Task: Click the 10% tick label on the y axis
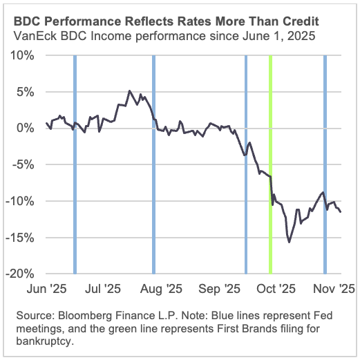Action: point(24,55)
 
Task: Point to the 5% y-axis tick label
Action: point(27,91)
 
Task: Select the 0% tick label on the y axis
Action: point(27,128)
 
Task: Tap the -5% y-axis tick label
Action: point(26,164)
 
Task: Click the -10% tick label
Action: point(23,201)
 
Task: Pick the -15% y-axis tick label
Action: point(23,238)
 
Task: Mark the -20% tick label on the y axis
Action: point(23,274)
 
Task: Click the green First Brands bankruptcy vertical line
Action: point(269,166)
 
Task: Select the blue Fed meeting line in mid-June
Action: point(75,166)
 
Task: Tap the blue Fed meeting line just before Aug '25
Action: point(153,166)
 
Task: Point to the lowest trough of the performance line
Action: point(289,242)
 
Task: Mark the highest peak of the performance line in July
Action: point(129,91)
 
